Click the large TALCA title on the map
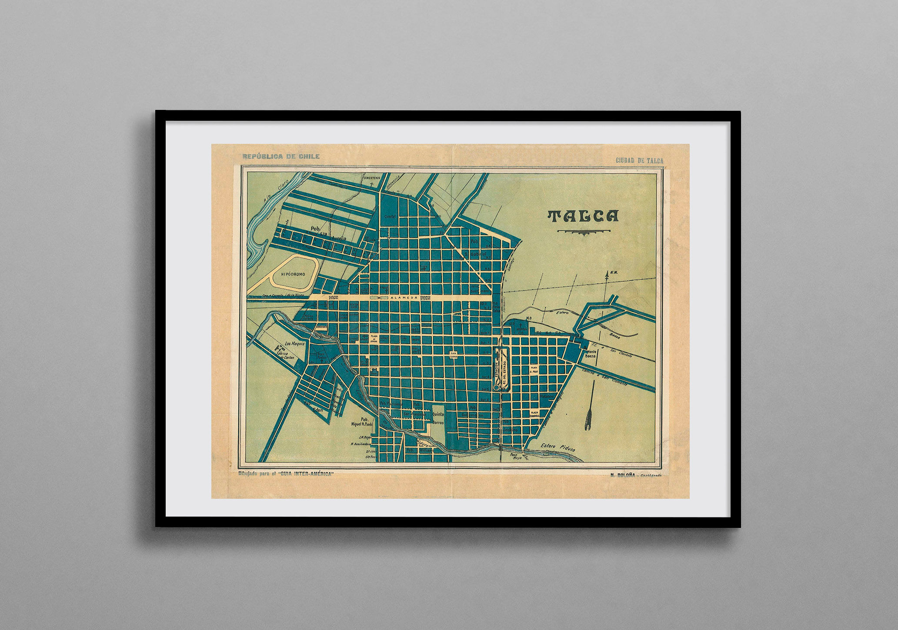(583, 216)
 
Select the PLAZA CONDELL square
(534, 414)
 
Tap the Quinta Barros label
(438, 418)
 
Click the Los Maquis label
(293, 343)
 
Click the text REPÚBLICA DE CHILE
(281, 156)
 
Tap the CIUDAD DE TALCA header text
(639, 160)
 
